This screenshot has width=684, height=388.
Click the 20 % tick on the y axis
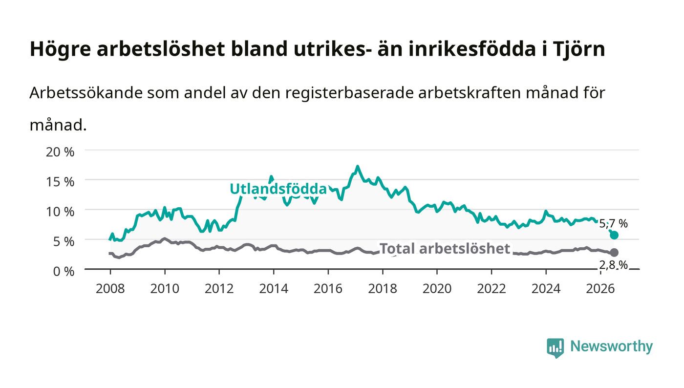(60, 152)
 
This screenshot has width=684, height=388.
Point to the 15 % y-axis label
(60, 182)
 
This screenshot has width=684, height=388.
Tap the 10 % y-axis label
(60, 212)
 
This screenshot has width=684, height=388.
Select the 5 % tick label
(64, 242)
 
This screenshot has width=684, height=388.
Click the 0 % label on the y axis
(64, 271)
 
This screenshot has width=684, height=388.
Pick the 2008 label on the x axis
(110, 289)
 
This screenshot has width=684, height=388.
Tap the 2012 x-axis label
(219, 289)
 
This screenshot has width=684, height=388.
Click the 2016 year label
(328, 289)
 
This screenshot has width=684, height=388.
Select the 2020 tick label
(437, 289)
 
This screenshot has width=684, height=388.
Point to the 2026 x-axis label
(600, 289)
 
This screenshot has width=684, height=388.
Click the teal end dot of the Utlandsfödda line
(614, 235)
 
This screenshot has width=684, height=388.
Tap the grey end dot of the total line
(614, 252)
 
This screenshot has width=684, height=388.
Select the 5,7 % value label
(613, 224)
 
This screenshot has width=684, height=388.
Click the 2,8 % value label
(613, 265)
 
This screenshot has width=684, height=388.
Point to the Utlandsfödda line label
(278, 189)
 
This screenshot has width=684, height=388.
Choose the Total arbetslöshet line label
(445, 248)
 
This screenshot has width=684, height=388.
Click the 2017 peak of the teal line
(357, 167)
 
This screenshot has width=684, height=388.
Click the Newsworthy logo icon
(555, 348)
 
